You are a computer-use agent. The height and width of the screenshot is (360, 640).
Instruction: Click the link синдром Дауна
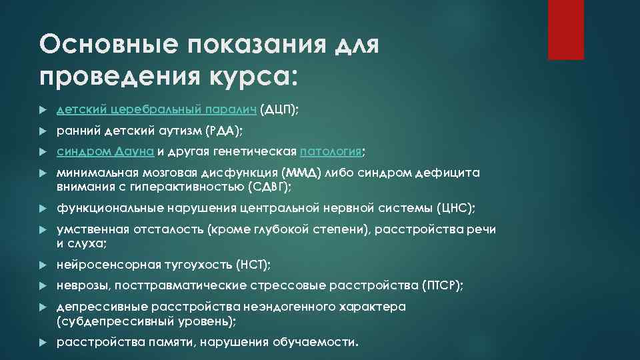105,151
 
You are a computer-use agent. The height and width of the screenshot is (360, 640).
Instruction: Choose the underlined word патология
331,151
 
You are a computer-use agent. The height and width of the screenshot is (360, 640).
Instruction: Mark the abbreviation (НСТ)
253,265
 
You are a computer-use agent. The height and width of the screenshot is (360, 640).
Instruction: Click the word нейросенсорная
108,265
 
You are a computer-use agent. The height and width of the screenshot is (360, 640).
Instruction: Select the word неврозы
83,285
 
